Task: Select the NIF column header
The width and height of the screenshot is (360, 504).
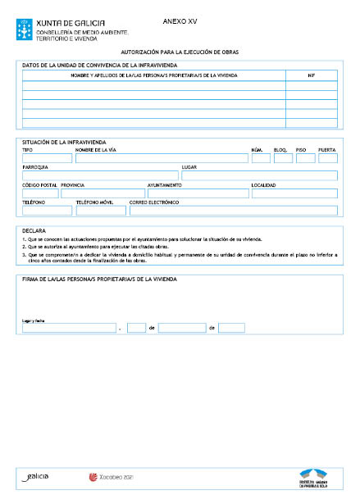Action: [x=312, y=75]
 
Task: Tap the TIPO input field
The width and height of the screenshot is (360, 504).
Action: [x=47, y=158]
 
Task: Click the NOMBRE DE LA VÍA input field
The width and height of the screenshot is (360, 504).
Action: [x=160, y=158]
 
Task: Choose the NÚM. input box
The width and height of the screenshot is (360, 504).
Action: [x=260, y=158]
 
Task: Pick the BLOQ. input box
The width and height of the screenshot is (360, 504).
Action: [x=283, y=158]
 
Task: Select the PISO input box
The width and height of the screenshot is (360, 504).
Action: [x=305, y=158]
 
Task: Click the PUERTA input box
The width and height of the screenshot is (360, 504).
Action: [x=328, y=158]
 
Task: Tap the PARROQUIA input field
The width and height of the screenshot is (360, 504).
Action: [x=98, y=175]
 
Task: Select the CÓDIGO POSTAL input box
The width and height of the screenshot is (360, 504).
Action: [x=39, y=193]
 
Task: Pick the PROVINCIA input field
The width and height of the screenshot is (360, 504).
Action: [x=102, y=193]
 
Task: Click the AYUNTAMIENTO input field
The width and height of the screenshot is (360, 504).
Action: [x=197, y=193]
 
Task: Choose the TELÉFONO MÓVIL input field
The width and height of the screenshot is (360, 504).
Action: [x=100, y=211]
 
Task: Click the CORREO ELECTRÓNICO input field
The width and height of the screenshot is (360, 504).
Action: [x=233, y=211]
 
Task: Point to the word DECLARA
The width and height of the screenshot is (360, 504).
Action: [x=34, y=231]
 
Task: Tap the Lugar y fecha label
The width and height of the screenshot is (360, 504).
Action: [x=33, y=320]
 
